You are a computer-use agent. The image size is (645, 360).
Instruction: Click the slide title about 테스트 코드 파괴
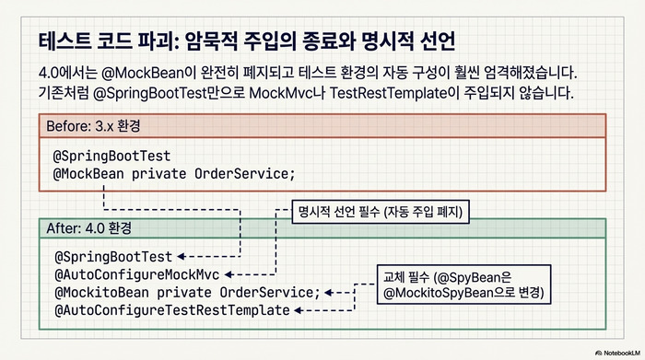coord(248,41)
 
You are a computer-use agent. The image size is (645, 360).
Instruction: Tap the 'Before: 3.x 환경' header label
coord(94,125)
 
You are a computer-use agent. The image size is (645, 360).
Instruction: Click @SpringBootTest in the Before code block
coord(112,155)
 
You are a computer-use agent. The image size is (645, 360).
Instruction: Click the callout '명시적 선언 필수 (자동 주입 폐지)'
coord(380,211)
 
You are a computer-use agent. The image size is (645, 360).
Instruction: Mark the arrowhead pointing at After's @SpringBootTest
coord(182,256)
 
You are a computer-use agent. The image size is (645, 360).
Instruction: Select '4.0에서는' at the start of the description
coord(71,72)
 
